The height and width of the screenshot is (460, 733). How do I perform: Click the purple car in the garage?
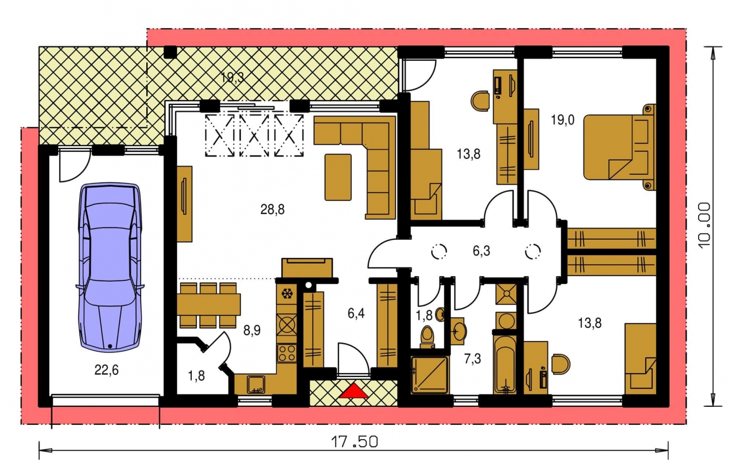[x=110, y=267]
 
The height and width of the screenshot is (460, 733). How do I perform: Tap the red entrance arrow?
[x=353, y=391]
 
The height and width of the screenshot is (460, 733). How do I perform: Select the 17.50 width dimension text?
[x=354, y=442]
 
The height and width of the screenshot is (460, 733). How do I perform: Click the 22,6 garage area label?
[x=106, y=370]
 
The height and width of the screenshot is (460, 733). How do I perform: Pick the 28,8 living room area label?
[x=272, y=210]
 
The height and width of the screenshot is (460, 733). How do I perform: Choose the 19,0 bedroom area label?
[x=562, y=120]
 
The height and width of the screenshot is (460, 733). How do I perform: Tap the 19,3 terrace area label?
[x=232, y=78]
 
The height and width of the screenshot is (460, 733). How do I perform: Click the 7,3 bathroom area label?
[x=472, y=359]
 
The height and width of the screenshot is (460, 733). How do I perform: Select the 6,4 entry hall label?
[x=356, y=313]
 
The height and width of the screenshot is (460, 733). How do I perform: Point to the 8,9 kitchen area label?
[x=252, y=331]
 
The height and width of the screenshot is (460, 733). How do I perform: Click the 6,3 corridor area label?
[x=482, y=251]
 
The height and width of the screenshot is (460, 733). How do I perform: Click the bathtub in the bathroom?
[x=505, y=364]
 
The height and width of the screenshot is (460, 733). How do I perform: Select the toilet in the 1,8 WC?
[x=427, y=337]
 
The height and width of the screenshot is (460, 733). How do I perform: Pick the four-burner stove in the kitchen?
[x=287, y=353]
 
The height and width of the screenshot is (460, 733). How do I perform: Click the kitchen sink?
[x=256, y=385]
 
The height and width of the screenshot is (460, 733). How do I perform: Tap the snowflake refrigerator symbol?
[x=287, y=293]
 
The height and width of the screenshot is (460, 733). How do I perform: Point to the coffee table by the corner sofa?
[x=338, y=177]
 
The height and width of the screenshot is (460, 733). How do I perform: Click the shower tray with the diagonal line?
[x=430, y=374]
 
